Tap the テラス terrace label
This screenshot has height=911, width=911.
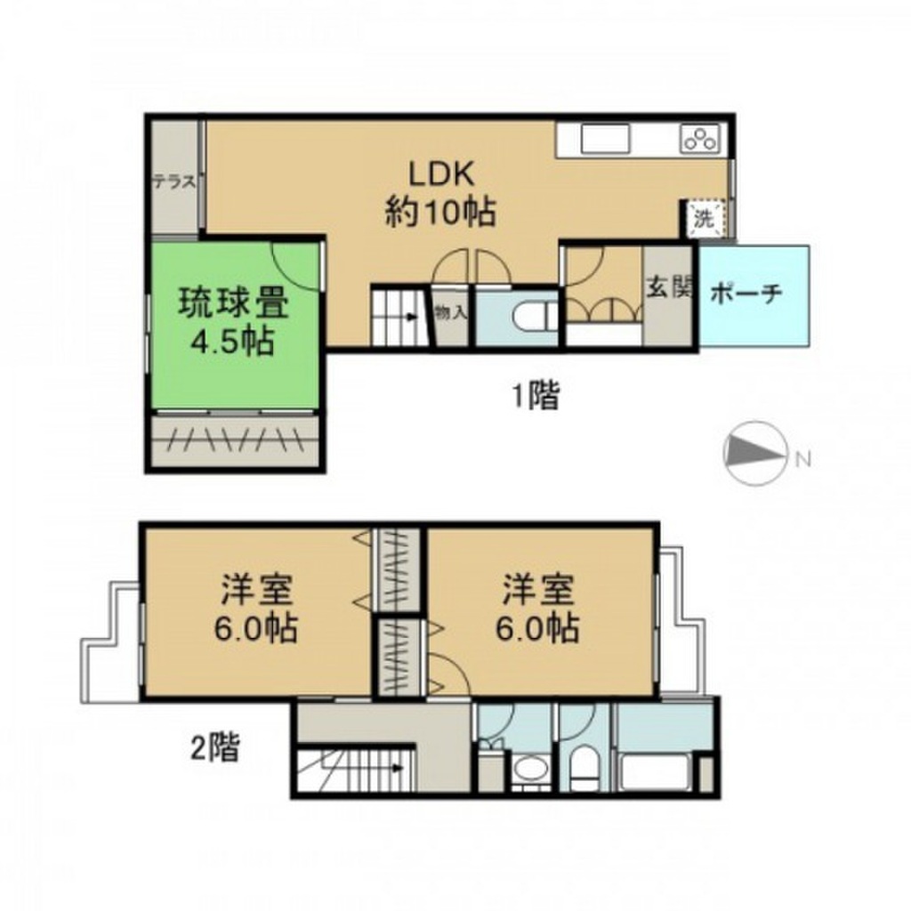coord(173,182)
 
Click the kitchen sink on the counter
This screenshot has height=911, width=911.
coord(605,139)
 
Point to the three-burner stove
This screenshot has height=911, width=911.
coord(703,139)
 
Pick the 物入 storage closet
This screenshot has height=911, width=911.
coord(450,313)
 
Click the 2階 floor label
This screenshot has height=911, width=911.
coord(214,748)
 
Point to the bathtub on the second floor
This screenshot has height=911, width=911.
coord(657,770)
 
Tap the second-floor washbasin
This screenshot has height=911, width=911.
coord(532,769)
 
